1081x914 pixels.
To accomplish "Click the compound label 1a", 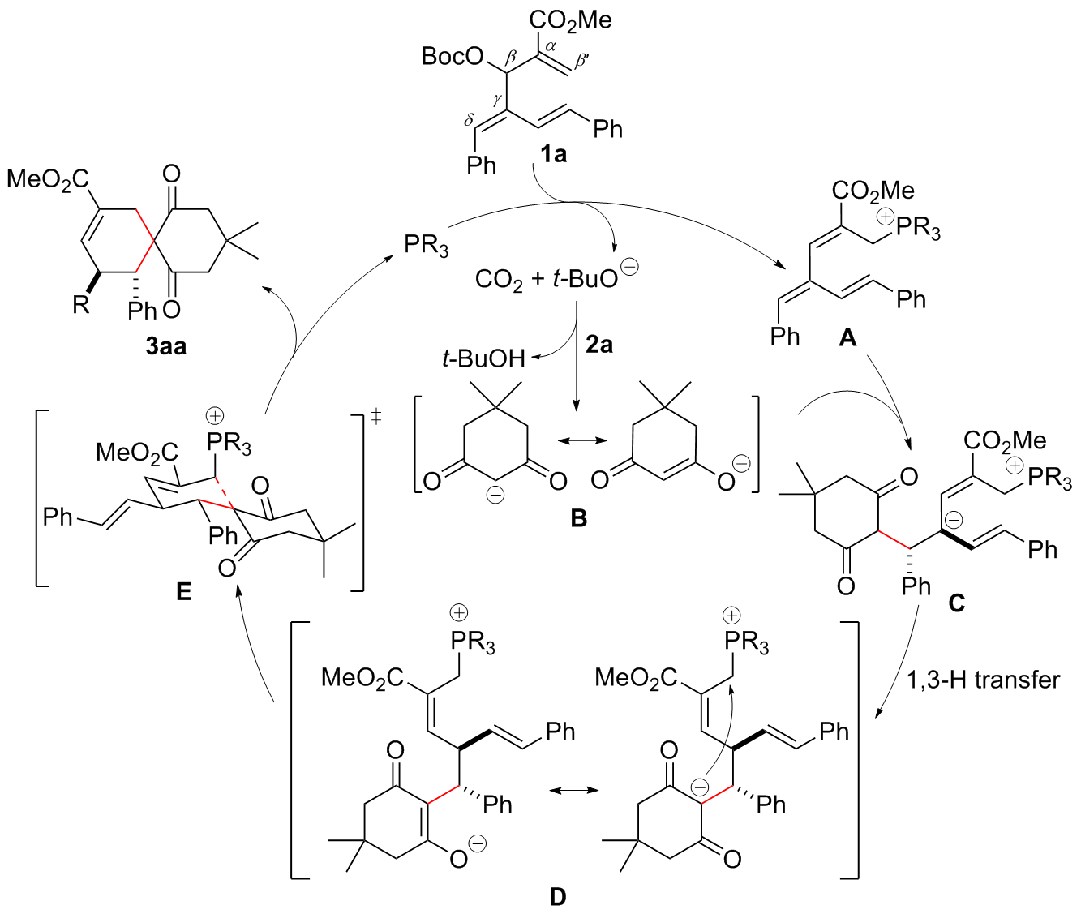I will pyautogui.click(x=554, y=153).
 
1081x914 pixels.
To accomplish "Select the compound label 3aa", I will pyautogui.click(x=166, y=346).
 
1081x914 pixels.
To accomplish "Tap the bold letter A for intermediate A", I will pyautogui.click(x=847, y=337).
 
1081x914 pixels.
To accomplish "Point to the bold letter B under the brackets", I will pyautogui.click(x=578, y=519).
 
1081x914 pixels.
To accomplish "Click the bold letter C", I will pyautogui.click(x=957, y=603).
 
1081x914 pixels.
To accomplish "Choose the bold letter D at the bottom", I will pyautogui.click(x=558, y=896).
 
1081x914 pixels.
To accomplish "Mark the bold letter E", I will pyautogui.click(x=184, y=592).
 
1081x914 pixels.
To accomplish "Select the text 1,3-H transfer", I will pyautogui.click(x=983, y=680).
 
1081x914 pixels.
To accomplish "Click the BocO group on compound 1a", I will pyautogui.click(x=453, y=57).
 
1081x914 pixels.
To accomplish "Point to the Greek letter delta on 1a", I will pyautogui.click(x=469, y=120).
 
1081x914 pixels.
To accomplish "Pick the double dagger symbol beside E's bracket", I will pyautogui.click(x=376, y=417).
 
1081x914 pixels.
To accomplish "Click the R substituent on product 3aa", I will pyautogui.click(x=80, y=306).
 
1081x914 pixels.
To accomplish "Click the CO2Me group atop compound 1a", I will pyautogui.click(x=571, y=19).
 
